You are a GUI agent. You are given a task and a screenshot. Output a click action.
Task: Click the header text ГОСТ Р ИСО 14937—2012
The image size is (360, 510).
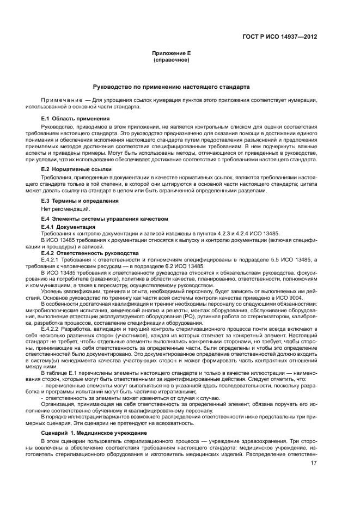(279, 37)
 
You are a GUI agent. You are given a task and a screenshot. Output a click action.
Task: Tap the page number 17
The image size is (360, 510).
(314, 463)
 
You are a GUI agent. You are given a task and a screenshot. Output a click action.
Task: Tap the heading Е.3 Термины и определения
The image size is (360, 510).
(80, 201)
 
